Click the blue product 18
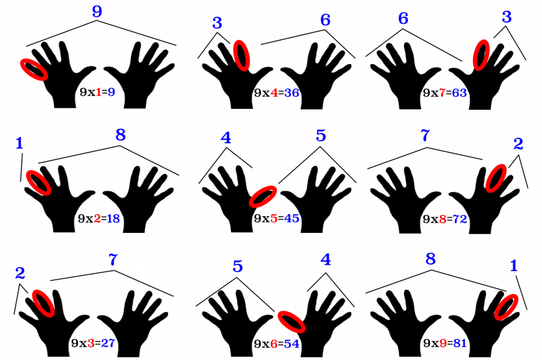113,219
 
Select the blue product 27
108,343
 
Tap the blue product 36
292,93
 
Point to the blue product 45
292,219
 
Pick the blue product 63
460,93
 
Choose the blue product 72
460,219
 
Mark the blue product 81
460,343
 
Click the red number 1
98,92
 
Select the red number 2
97,219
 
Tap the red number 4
274,93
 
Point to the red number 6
273,344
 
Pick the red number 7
442,93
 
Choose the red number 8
443,219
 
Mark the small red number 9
443,343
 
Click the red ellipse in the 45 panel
263,196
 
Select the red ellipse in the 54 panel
291,321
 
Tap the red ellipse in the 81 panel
506,306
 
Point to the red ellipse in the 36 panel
242,55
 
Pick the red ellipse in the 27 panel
44,303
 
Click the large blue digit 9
97,11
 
